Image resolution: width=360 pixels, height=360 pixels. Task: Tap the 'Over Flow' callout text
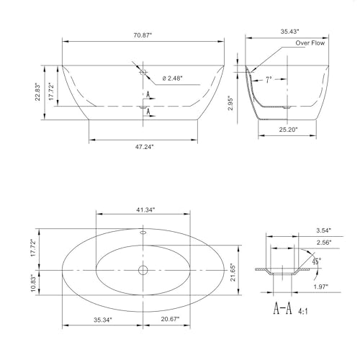[311, 43]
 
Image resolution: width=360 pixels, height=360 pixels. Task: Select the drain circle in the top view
[142, 271]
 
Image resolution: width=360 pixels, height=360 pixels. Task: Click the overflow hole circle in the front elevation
[142, 72]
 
